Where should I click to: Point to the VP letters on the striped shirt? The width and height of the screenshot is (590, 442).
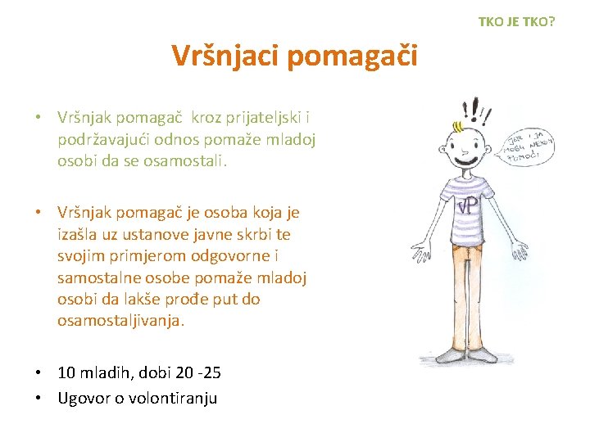pyautogui.click(x=469, y=205)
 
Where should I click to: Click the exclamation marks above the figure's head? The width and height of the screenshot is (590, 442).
pyautogui.click(x=471, y=109)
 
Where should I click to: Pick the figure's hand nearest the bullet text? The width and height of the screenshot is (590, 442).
pyautogui.click(x=419, y=246)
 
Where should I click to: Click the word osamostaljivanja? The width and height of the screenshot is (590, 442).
pyautogui.click(x=120, y=320)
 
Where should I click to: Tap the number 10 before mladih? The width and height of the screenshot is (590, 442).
pyautogui.click(x=67, y=373)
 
